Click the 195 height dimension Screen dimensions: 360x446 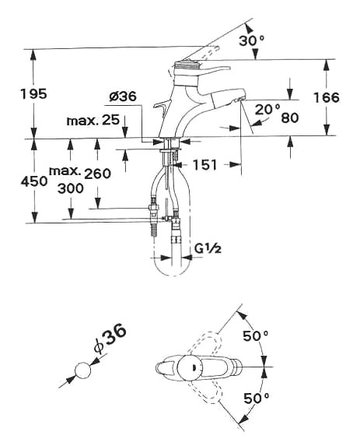pos(33,93)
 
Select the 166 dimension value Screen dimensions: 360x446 pos(327,97)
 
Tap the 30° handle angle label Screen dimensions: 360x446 pos(252,40)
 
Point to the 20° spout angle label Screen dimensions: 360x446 pos(267,109)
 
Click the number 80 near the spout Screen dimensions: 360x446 pos(290,118)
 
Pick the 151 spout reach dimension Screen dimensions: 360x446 pos(204,164)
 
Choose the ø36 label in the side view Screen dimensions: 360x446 pos(123,97)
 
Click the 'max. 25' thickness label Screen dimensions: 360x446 pos(93,121)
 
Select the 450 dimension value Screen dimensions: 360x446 pos(34,181)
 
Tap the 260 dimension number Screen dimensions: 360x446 pos(97,174)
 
